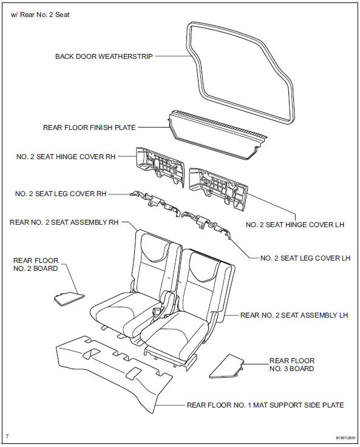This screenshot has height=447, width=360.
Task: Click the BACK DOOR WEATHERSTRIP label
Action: [104, 56]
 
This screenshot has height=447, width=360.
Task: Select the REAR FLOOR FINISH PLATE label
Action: [89, 128]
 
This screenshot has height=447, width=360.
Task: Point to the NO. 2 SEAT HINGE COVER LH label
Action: [295, 225]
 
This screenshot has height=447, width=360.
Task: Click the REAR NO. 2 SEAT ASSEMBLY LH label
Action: [294, 315]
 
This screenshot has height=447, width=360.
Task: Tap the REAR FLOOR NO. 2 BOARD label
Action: [36, 264]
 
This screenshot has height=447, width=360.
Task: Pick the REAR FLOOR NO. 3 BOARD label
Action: [292, 364]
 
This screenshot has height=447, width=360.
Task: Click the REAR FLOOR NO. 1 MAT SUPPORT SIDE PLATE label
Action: [265, 404]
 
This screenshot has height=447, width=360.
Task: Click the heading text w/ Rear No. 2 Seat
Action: [40, 14]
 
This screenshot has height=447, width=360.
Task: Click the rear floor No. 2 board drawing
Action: [68, 298]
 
